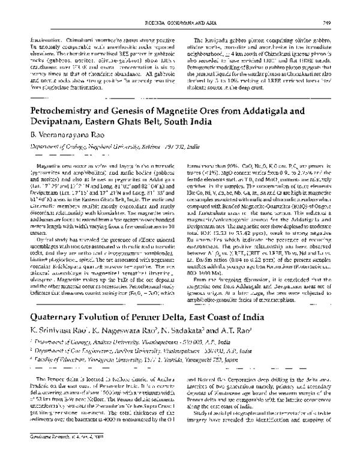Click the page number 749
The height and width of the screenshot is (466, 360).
339,6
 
